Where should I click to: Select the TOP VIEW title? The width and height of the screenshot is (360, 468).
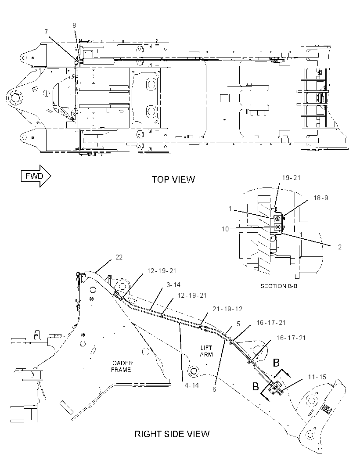[173, 180]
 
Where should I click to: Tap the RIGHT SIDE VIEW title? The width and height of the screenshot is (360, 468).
[172, 434]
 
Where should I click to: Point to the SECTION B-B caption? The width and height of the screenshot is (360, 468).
[279, 286]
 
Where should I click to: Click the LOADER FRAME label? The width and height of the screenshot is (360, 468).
[121, 367]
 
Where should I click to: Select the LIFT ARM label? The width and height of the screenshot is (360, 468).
[206, 351]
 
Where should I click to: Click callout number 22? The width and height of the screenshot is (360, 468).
[119, 257]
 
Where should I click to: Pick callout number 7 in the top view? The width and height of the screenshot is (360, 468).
[46, 32]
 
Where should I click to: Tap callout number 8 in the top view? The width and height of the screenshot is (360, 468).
[74, 25]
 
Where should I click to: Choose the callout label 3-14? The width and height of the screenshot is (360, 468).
[173, 285]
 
